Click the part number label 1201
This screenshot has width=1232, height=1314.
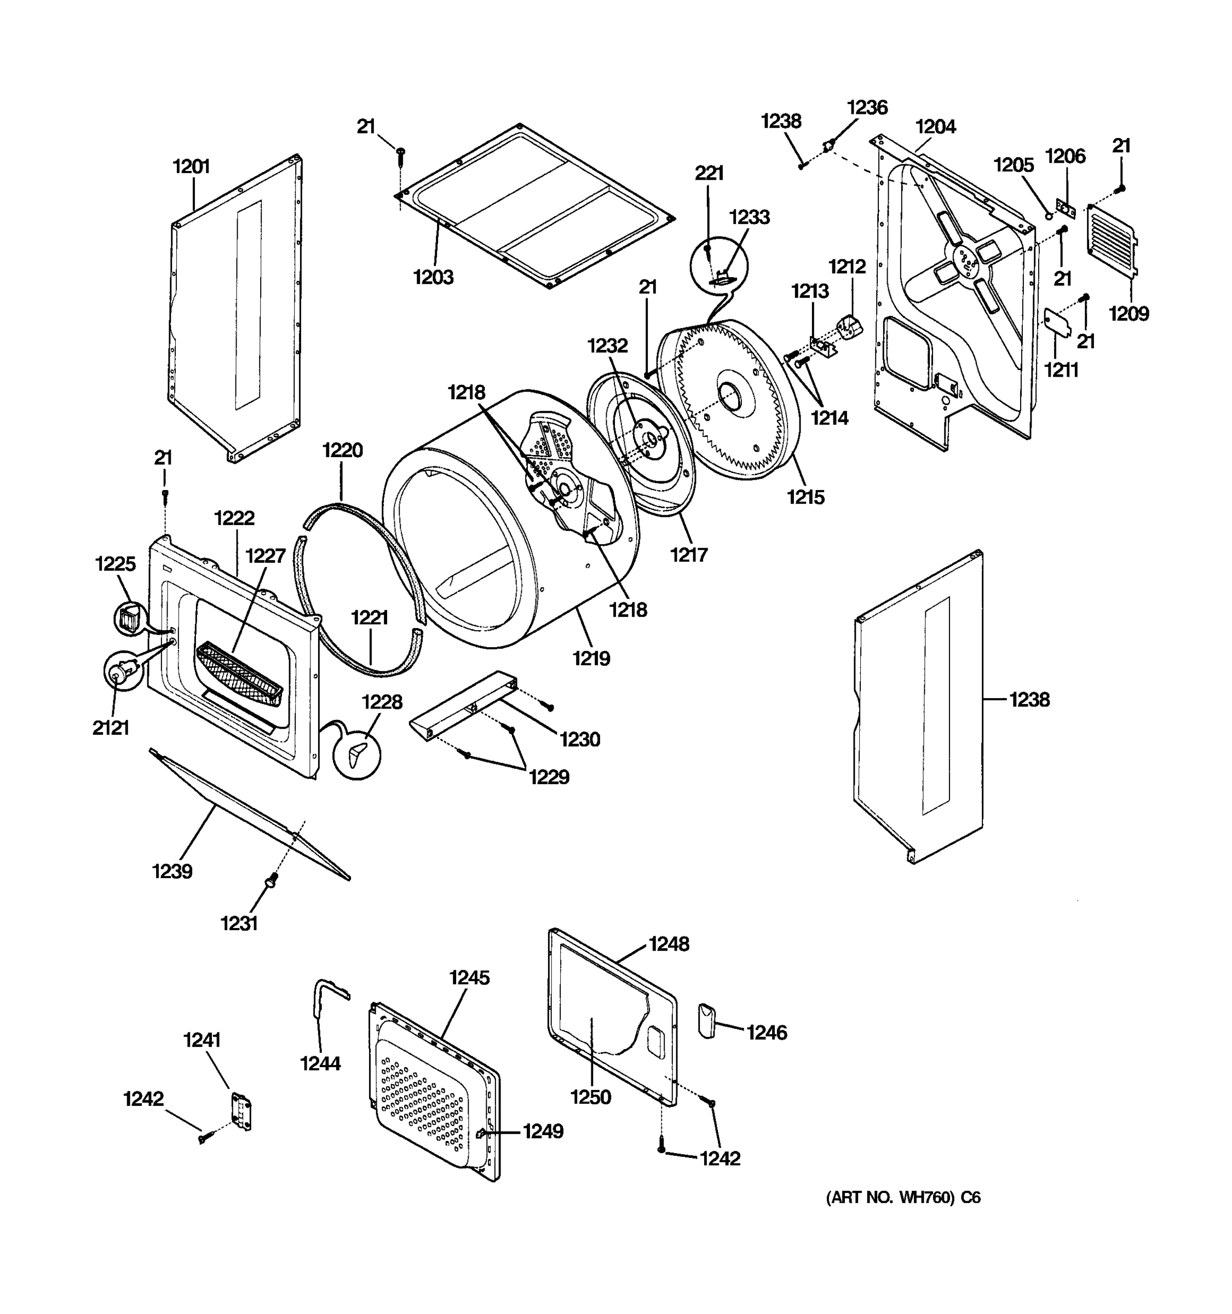(x=191, y=166)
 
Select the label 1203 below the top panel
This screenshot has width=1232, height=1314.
(x=434, y=277)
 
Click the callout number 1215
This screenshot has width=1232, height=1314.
(x=805, y=497)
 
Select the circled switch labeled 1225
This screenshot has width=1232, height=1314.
(x=130, y=619)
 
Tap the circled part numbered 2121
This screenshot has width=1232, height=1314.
(x=122, y=672)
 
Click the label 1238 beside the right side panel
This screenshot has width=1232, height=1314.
(x=1029, y=699)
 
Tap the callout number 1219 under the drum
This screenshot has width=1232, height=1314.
(x=591, y=658)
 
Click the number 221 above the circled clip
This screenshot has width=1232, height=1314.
(x=709, y=173)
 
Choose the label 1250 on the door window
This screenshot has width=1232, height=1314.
(x=591, y=1097)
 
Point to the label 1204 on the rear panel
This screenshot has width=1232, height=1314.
(x=935, y=127)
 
